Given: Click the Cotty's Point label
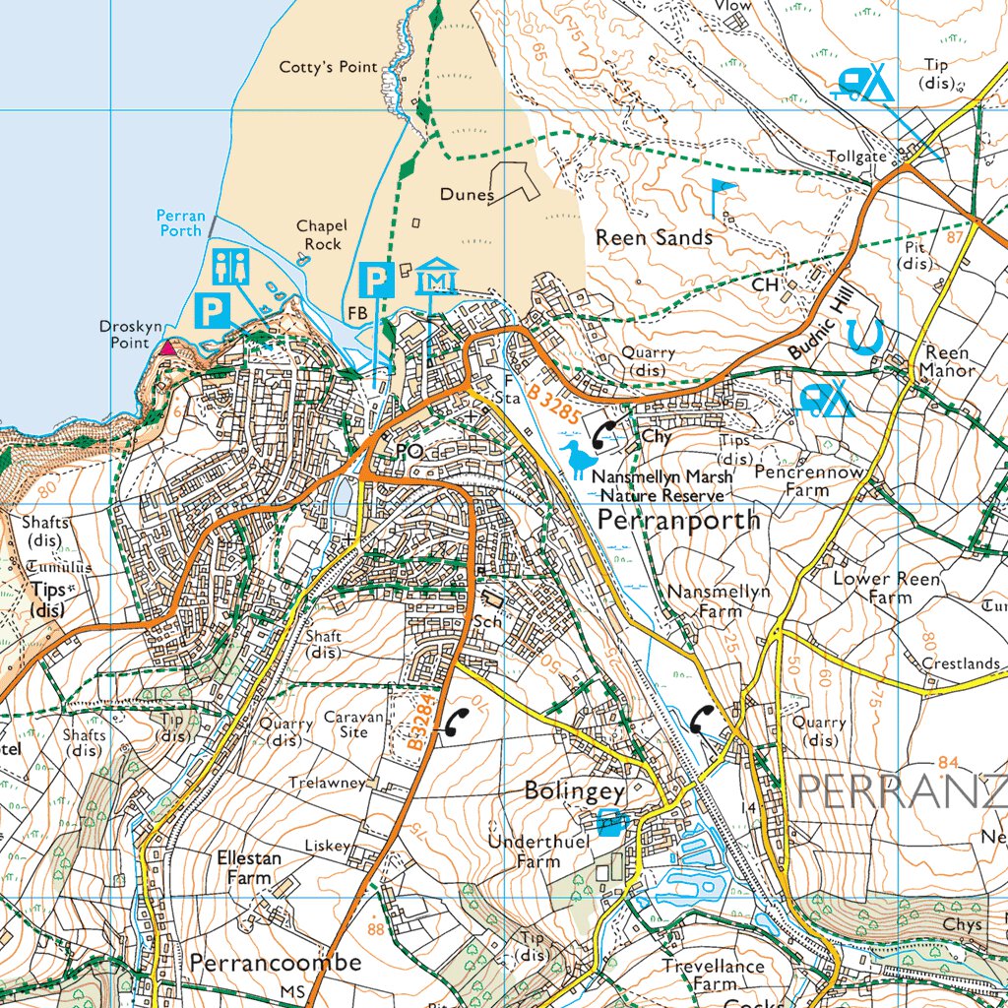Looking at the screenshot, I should tap(329, 67).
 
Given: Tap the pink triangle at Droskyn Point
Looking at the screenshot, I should tap(168, 347).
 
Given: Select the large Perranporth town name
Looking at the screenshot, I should tap(678, 520).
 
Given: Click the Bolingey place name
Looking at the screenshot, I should tap(575, 790).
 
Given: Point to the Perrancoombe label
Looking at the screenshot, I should tap(276, 961).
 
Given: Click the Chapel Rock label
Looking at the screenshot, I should tap(322, 234).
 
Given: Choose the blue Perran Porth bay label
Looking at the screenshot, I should tap(181, 222).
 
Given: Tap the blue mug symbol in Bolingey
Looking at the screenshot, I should tap(612, 820).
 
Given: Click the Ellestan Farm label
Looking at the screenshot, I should tap(248, 866).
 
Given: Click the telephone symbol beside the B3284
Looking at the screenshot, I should tap(454, 723).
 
